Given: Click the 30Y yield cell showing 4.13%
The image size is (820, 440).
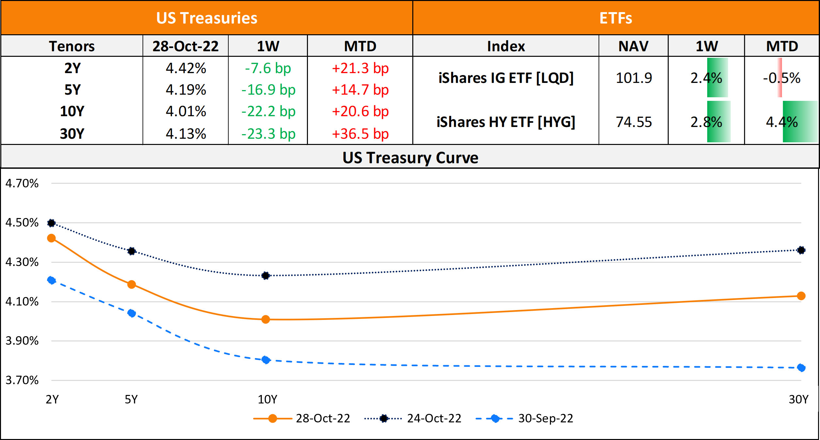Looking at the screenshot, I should pyautogui.click(x=186, y=134).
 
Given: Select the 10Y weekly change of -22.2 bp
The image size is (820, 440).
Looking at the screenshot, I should pyautogui.click(x=268, y=112).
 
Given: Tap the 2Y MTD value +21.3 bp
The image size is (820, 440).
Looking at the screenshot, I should pyautogui.click(x=360, y=69).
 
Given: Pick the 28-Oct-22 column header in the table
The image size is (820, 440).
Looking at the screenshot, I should pyautogui.click(x=185, y=46).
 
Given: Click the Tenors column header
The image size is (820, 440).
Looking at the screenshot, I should pyautogui.click(x=72, y=46).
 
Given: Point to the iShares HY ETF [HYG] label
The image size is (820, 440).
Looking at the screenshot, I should pyautogui.click(x=506, y=122).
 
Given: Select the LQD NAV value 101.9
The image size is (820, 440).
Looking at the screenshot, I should pyautogui.click(x=633, y=78).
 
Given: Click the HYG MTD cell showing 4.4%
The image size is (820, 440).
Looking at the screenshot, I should pyautogui.click(x=782, y=122).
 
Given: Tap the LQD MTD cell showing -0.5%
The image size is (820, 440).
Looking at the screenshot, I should pyautogui.click(x=782, y=78).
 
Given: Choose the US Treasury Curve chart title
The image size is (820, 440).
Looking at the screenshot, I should pyautogui.click(x=410, y=158).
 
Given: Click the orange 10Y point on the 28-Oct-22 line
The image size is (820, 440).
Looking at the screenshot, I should pyautogui.click(x=266, y=319).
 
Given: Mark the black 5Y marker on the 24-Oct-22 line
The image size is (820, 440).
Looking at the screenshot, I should pyautogui.click(x=131, y=251).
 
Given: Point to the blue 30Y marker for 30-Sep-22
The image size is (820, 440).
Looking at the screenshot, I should pyautogui.click(x=801, y=368).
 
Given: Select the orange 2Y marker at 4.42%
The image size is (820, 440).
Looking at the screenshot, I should pyautogui.click(x=51, y=238).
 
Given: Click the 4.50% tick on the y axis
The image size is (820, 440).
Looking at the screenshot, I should pyautogui.click(x=22, y=223).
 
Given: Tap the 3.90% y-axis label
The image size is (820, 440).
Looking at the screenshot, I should pyautogui.click(x=22, y=341).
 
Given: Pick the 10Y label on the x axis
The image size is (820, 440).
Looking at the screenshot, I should pyautogui.click(x=267, y=399).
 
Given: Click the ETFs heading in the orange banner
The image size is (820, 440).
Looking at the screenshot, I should pyautogui.click(x=615, y=18).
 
